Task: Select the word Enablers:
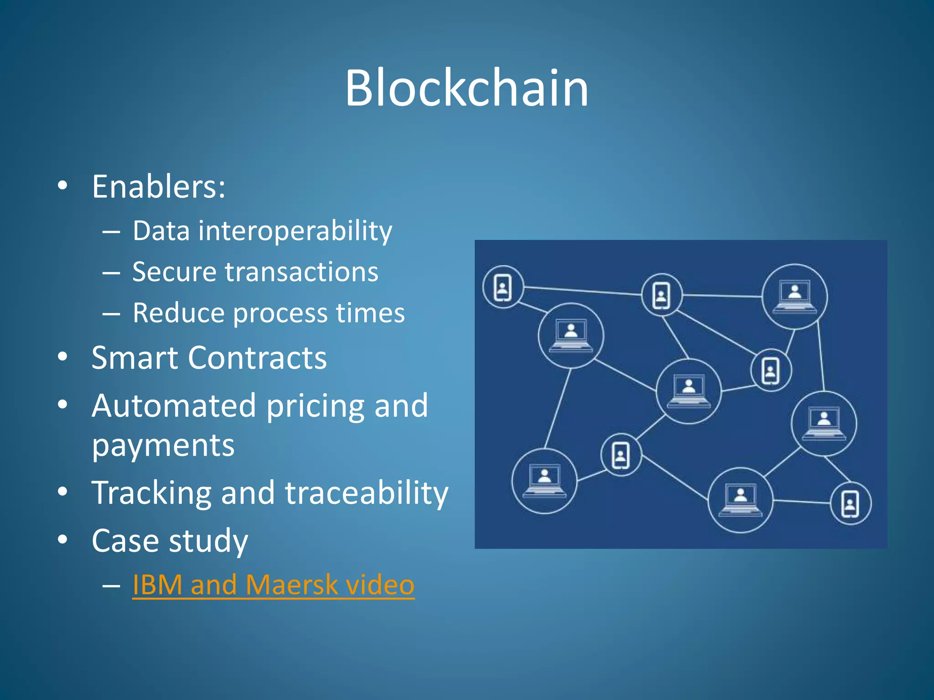click(159, 187)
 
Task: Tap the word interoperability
click(295, 231)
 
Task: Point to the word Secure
click(173, 272)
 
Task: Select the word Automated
click(173, 406)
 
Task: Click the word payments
click(163, 446)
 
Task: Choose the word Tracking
click(151, 493)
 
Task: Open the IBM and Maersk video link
click(273, 585)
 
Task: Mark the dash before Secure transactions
click(111, 273)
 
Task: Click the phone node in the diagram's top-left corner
click(503, 288)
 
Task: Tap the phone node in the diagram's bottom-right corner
click(850, 504)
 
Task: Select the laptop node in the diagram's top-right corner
click(795, 297)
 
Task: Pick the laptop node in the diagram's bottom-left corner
click(544, 481)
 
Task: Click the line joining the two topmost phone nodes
click(582, 291)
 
